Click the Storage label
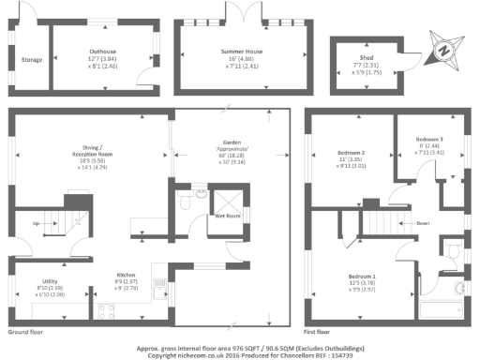pos(32,60)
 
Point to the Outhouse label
pos(103,51)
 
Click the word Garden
pos(232,142)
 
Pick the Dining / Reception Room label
pos(126,148)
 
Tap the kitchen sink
pos(174,298)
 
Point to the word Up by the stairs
pos(37,224)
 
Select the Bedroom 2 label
pos(352,152)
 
